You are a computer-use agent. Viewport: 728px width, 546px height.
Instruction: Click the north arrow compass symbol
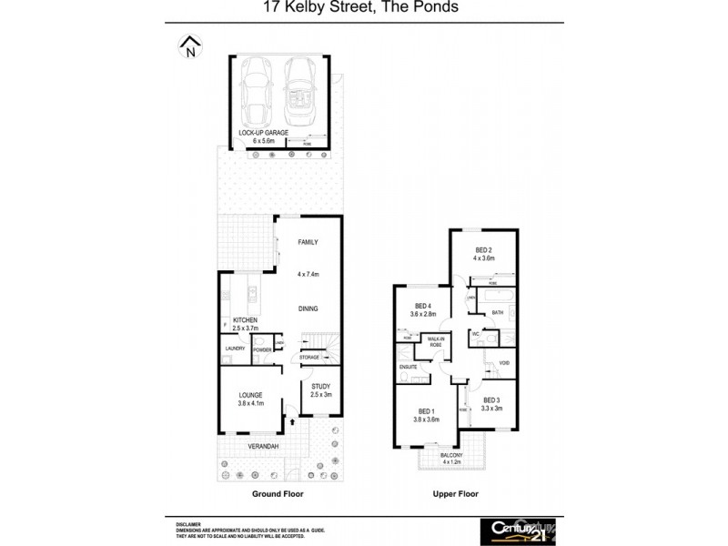[x=190, y=46]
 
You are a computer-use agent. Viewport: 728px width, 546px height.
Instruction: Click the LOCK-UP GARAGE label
[x=263, y=133]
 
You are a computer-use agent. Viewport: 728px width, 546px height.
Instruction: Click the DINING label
[x=308, y=309]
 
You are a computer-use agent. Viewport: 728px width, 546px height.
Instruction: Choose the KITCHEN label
[x=246, y=321]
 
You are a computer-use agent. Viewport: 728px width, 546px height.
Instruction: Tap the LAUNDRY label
[x=235, y=349]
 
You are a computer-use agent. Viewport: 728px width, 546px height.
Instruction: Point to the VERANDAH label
[x=263, y=447]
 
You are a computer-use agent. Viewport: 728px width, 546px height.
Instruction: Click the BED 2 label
[x=483, y=251]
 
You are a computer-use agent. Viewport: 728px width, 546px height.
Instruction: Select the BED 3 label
[x=492, y=400]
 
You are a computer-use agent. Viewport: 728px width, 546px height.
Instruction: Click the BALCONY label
[x=452, y=455]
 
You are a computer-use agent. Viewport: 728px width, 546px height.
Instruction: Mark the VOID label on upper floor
[x=503, y=364]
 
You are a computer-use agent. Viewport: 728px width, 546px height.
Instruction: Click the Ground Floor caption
[x=278, y=494]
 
